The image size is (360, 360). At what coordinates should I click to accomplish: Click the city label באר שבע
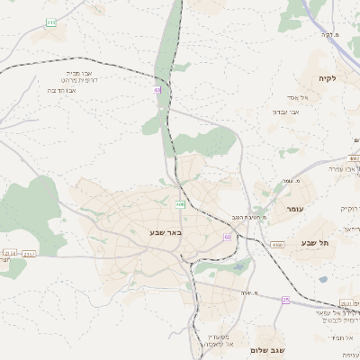pyautogui.click(x=166, y=232)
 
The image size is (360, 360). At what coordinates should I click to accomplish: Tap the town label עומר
pyautogui.click(x=296, y=209)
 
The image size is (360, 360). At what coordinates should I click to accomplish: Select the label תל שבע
pyautogui.click(x=316, y=243)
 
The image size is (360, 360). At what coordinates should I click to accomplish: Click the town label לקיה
pyautogui.click(x=326, y=78)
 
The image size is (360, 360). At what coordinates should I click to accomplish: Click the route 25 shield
pyautogui.click(x=286, y=299)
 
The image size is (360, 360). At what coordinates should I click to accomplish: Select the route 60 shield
pyautogui.click(x=228, y=237)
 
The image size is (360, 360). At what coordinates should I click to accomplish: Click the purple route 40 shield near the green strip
pyautogui.click(x=157, y=90)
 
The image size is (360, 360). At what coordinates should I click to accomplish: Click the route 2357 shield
pyautogui.click(x=29, y=255)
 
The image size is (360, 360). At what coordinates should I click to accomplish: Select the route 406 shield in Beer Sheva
pyautogui.click(x=180, y=204)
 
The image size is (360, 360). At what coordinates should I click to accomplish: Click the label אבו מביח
pyautogui.click(x=78, y=73)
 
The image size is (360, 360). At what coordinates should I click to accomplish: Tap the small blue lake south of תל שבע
pyautogui.click(x=322, y=279)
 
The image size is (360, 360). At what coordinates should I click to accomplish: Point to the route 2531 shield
pyautogui.click(x=347, y=303)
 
